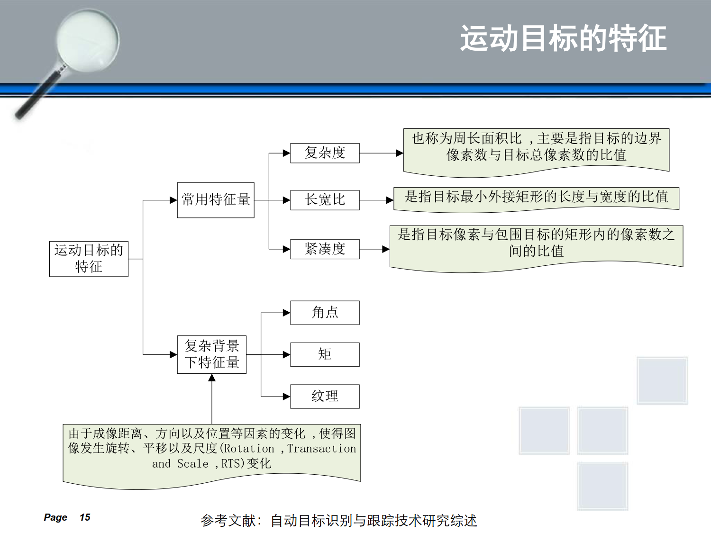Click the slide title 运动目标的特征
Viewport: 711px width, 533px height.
click(x=563, y=38)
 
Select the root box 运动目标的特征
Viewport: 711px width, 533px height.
click(x=89, y=259)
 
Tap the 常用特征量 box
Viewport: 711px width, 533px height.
click(x=216, y=200)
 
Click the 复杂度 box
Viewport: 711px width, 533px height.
click(x=325, y=153)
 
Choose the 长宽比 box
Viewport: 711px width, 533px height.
click(x=325, y=200)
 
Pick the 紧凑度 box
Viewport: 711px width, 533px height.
click(x=325, y=249)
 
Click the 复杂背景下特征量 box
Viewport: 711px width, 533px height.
click(x=212, y=354)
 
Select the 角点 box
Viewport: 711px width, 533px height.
click(x=325, y=313)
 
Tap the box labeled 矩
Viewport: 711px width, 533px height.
click(x=325, y=354)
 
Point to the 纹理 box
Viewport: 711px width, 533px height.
click(x=325, y=397)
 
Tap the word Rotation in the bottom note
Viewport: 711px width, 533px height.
click(x=249, y=449)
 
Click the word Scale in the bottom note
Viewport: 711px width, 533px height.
click(x=193, y=464)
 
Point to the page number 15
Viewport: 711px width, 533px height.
click(x=85, y=517)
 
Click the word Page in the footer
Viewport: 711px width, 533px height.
click(x=55, y=517)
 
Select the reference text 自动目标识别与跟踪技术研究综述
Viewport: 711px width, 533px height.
click(x=374, y=521)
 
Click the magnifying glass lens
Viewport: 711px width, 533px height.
click(x=88, y=40)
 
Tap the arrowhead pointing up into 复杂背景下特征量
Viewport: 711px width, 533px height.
click(x=212, y=377)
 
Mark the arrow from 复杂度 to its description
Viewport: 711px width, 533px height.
click(x=381, y=153)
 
